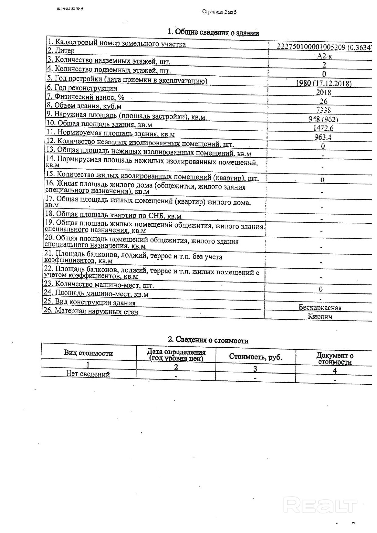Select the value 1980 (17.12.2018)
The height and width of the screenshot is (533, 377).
click(x=324, y=83)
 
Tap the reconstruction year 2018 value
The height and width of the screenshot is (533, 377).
click(x=323, y=92)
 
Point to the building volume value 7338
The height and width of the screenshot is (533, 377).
click(x=323, y=110)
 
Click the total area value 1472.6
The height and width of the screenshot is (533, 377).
click(x=323, y=128)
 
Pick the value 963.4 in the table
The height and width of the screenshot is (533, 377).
click(x=323, y=137)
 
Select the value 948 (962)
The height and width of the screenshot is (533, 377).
click(x=323, y=119)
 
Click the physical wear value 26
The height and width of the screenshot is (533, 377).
click(x=323, y=101)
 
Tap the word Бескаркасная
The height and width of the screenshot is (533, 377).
click(x=320, y=308)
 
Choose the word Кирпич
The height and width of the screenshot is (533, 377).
click(x=320, y=317)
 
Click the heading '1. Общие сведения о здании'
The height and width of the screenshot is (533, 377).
click(x=213, y=32)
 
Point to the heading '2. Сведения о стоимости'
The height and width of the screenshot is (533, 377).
click(x=208, y=340)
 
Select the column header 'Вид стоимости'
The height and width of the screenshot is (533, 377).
click(x=88, y=353)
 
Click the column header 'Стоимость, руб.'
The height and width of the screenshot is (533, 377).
click(x=255, y=357)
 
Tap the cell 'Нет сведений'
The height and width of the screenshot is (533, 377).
click(x=88, y=374)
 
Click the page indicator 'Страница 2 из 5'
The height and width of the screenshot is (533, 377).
click(x=219, y=12)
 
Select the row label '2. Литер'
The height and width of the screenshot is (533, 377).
click(x=61, y=51)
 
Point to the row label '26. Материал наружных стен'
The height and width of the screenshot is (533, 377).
click(x=91, y=311)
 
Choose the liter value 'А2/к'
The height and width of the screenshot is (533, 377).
click(x=324, y=56)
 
